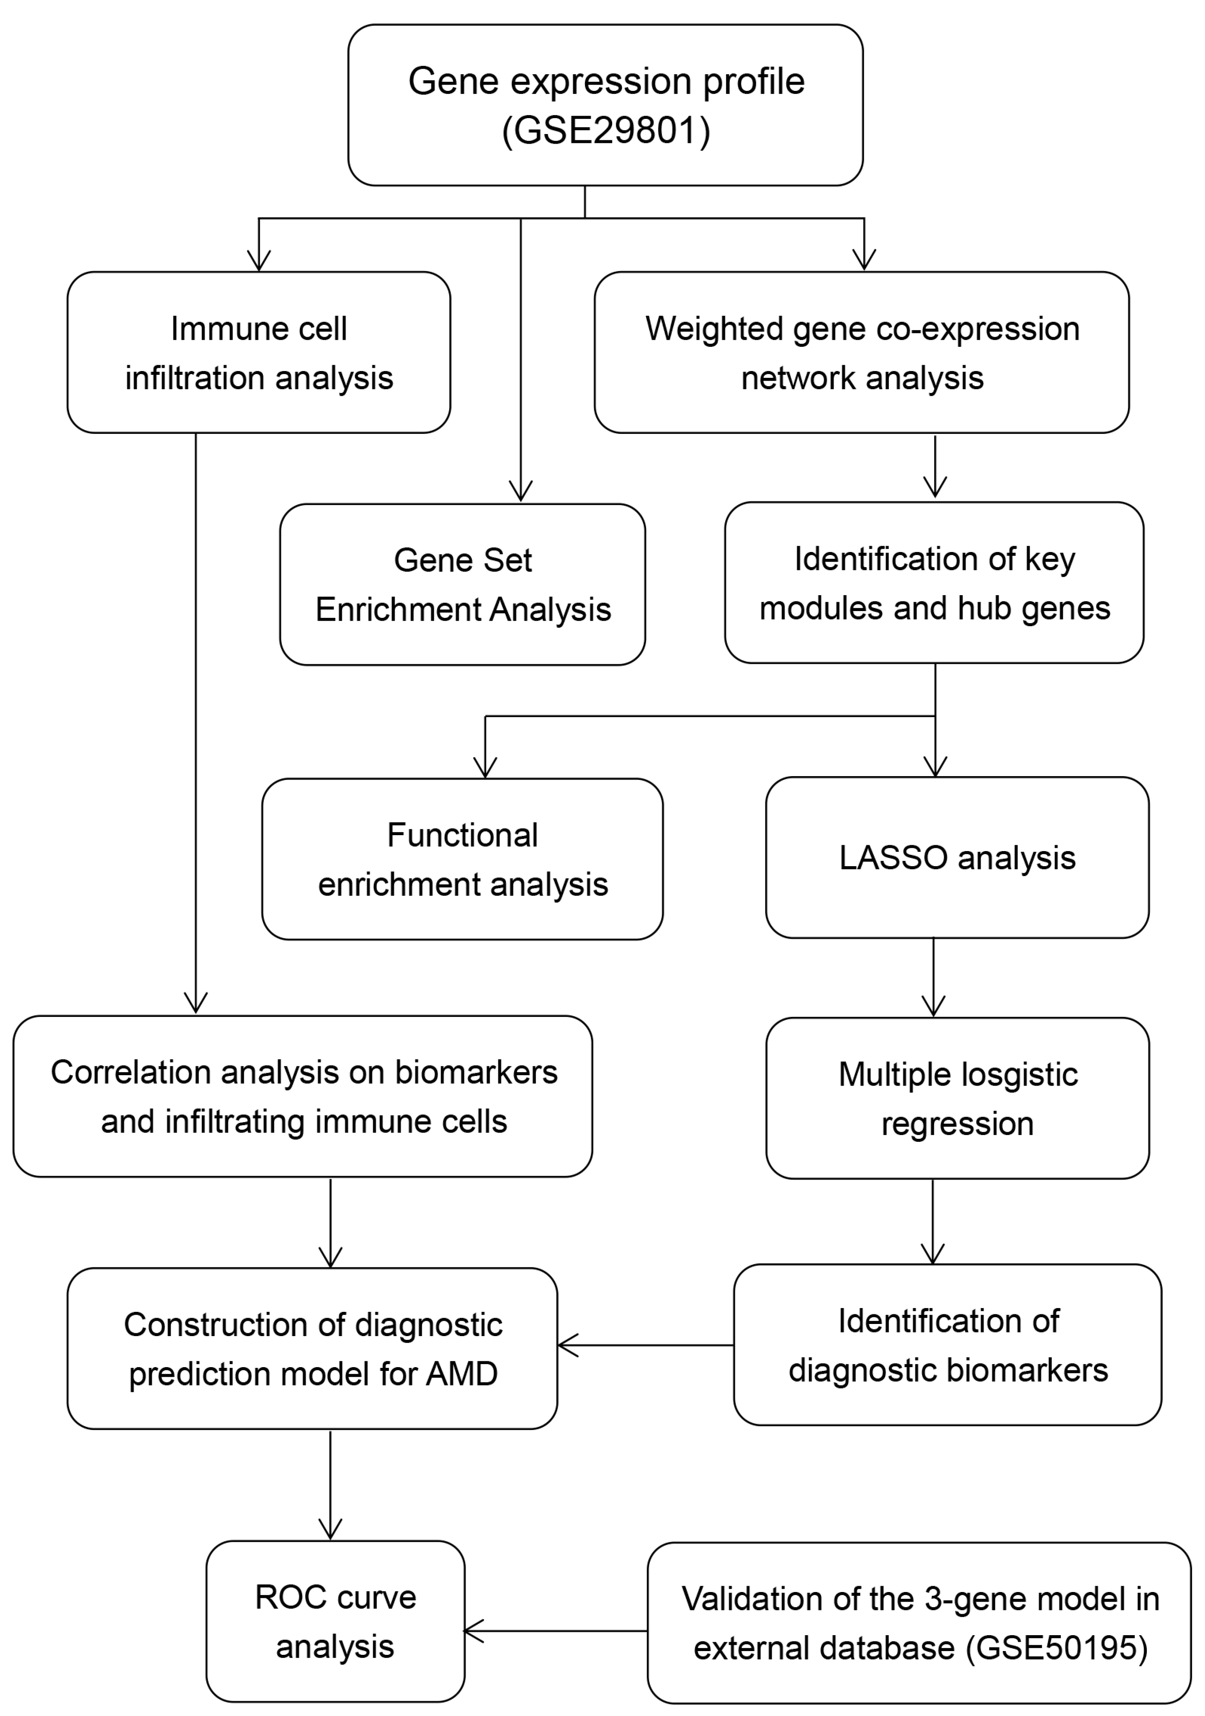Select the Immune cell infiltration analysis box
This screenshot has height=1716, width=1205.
(x=258, y=352)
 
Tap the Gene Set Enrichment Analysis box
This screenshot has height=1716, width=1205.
(x=462, y=584)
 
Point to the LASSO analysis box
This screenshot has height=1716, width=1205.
(x=957, y=857)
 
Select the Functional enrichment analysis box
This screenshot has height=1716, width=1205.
(x=462, y=859)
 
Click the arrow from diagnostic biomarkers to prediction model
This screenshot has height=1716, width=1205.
(x=646, y=1345)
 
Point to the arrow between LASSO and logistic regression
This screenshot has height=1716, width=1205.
(x=934, y=977)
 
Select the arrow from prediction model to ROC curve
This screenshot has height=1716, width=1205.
(x=330, y=1484)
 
